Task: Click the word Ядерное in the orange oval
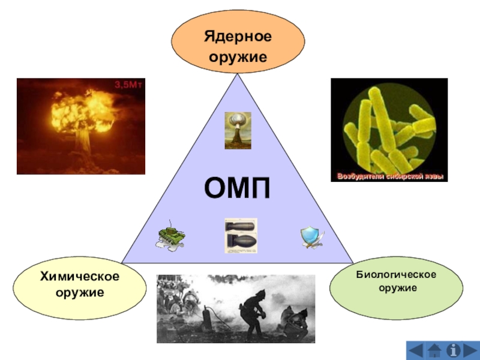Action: [x=238, y=37]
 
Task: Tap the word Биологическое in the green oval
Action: [x=396, y=274]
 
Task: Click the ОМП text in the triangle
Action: [x=238, y=189]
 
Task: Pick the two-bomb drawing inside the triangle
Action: [x=241, y=235]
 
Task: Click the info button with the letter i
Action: [x=463, y=349]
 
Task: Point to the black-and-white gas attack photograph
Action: [x=236, y=308]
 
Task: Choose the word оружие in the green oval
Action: [x=396, y=289]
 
